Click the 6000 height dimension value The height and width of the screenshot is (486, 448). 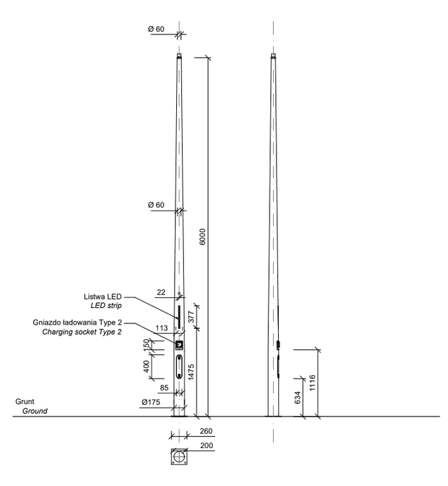(x=202, y=236)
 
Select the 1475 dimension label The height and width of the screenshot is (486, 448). (x=191, y=372)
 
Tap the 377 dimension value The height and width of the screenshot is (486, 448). (x=192, y=317)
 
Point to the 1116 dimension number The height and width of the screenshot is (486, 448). (x=312, y=383)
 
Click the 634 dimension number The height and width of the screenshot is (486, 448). (x=297, y=398)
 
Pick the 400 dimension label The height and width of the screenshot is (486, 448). (x=147, y=366)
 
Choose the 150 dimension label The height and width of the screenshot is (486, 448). (x=147, y=345)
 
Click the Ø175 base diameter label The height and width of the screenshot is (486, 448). (x=151, y=403)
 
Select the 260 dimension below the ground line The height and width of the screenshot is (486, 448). (x=206, y=431)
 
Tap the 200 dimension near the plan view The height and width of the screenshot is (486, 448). (x=206, y=445)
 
